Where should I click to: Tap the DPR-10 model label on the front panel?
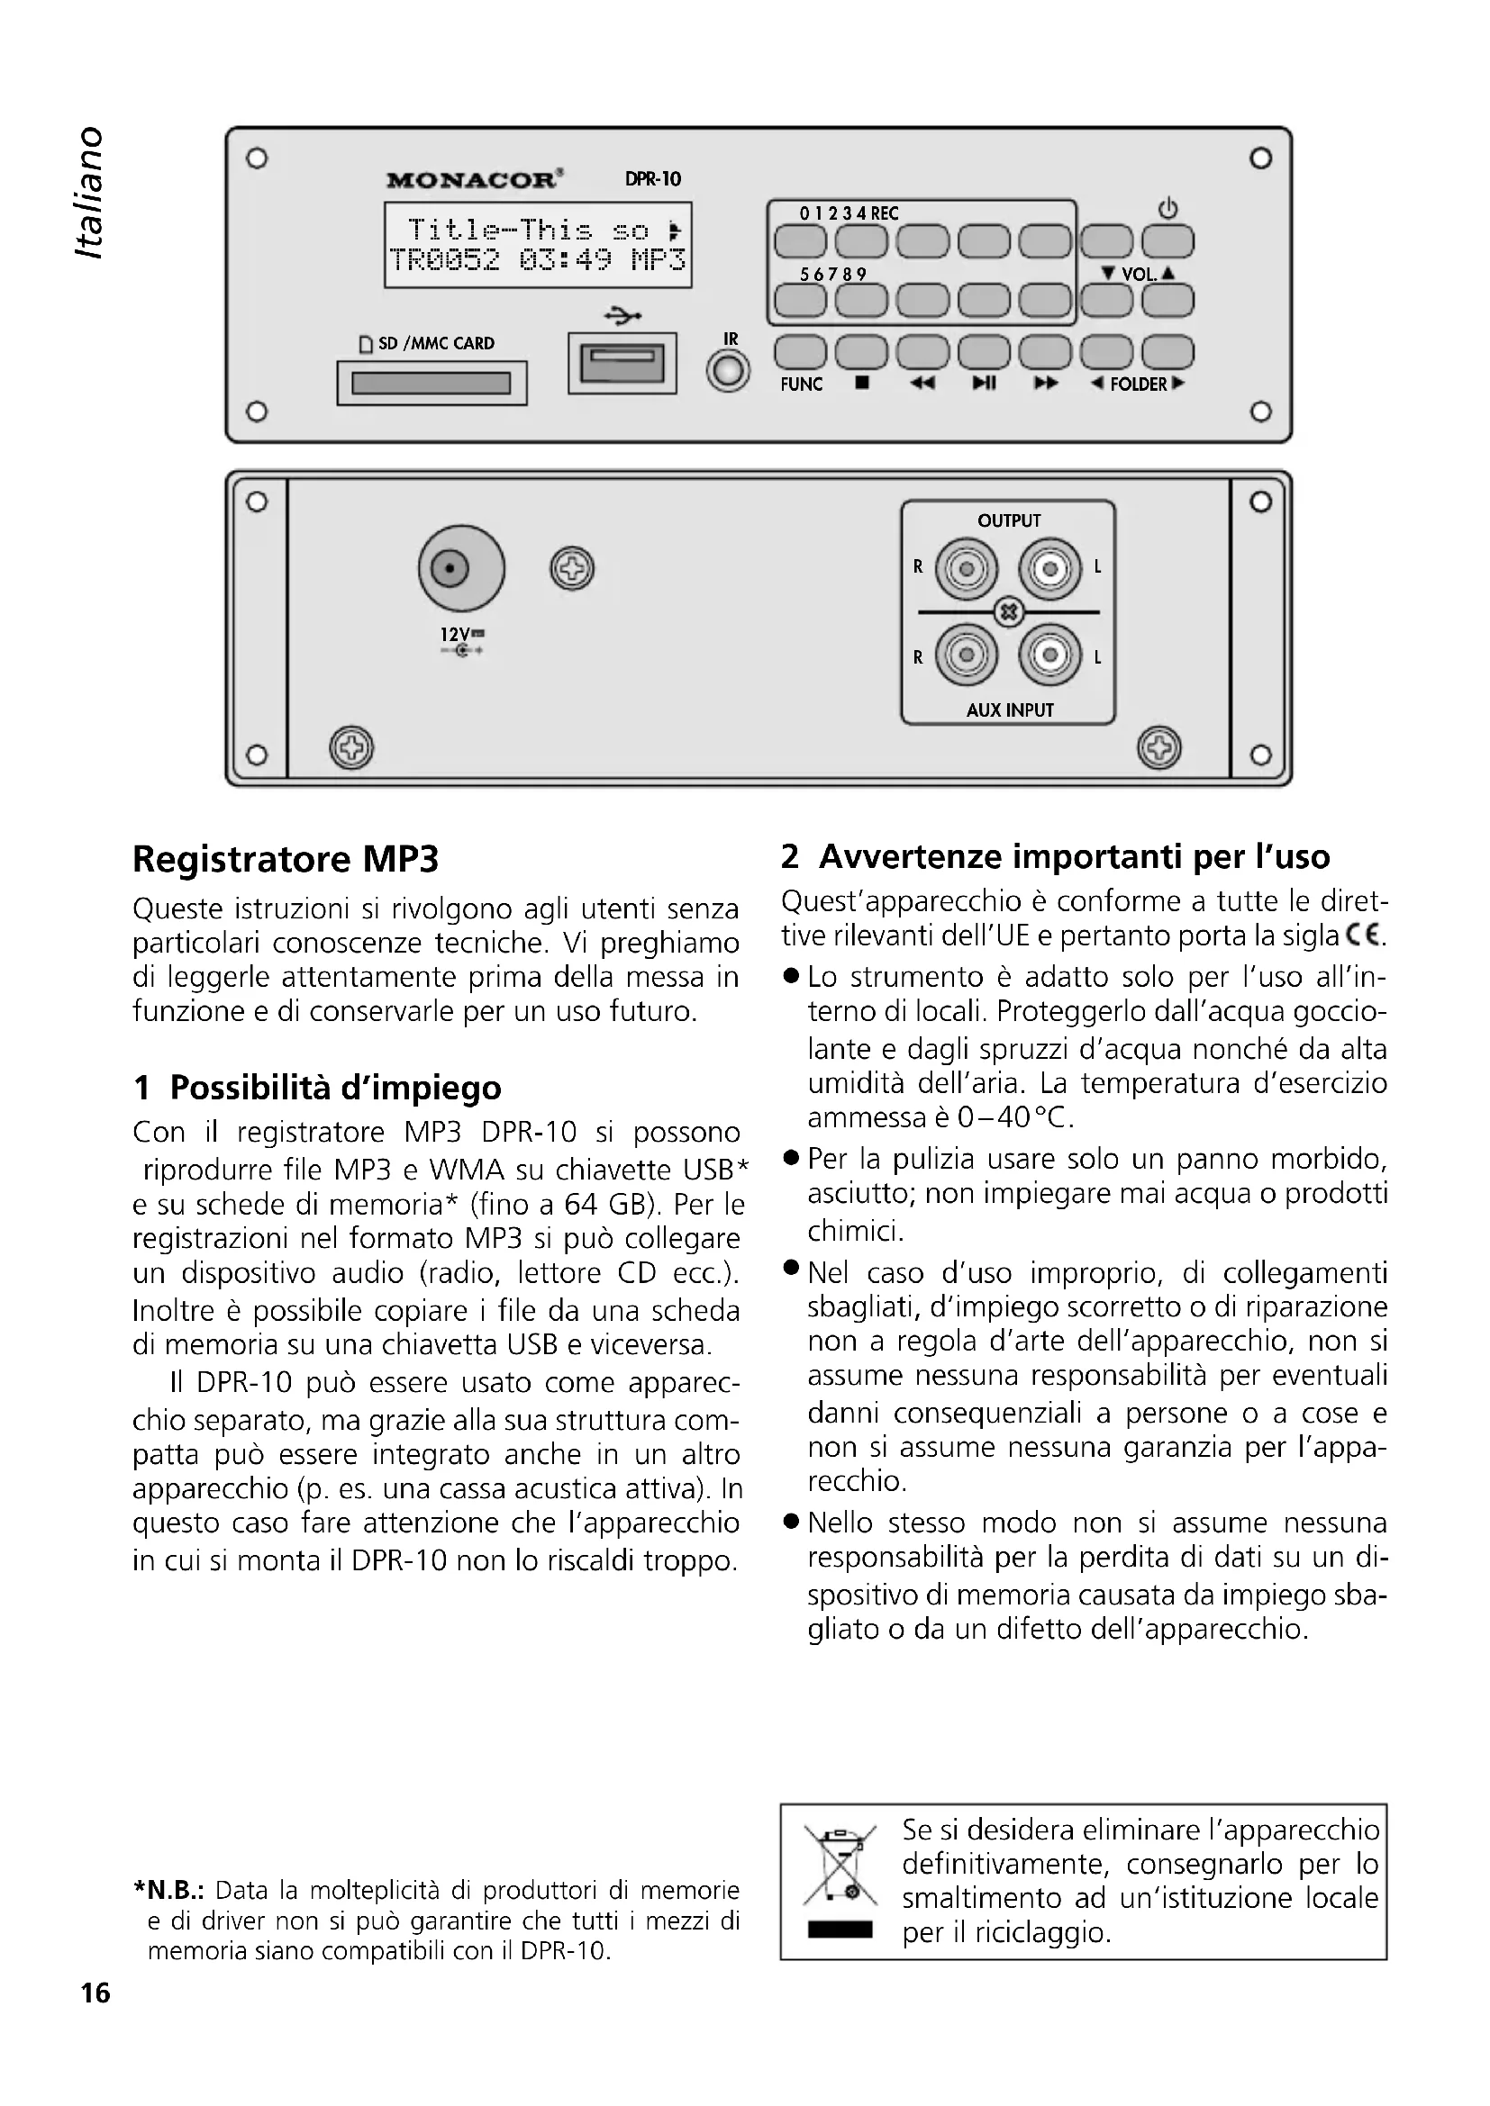click(652, 179)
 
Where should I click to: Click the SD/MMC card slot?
click(432, 383)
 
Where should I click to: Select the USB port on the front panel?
click(622, 363)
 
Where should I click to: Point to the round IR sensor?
click(729, 373)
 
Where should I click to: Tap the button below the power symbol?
click(1167, 242)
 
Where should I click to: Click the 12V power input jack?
click(460, 569)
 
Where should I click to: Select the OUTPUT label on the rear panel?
click(1008, 521)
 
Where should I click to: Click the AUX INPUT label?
click(1009, 710)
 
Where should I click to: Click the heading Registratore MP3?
click(286, 860)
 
